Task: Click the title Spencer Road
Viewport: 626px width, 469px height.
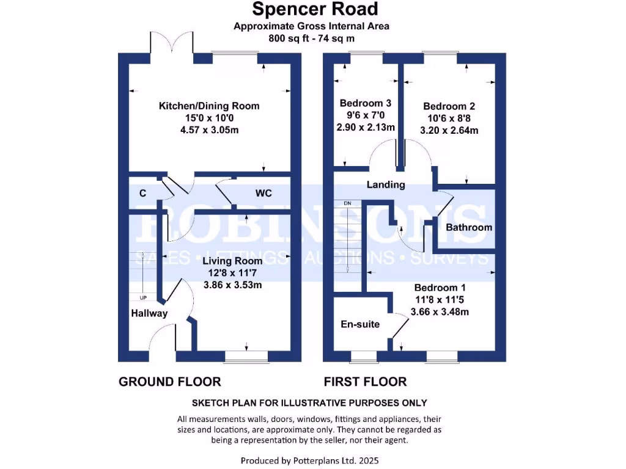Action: [x=315, y=9]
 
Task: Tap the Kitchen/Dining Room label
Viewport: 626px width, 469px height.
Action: [x=209, y=106]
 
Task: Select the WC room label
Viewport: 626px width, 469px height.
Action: [x=263, y=194]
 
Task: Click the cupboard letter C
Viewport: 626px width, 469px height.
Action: [x=142, y=194]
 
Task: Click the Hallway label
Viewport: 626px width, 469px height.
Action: [x=149, y=313]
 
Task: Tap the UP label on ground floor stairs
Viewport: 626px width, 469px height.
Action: [x=144, y=298]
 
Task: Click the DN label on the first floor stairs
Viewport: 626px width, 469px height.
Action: [x=347, y=203]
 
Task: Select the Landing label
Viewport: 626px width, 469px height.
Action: [x=386, y=184]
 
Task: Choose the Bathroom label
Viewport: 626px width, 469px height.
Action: [x=469, y=227]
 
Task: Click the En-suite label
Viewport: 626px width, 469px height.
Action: [x=360, y=324]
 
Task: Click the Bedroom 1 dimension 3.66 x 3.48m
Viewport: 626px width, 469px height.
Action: [x=441, y=312]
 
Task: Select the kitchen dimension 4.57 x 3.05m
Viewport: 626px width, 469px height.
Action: [x=209, y=130]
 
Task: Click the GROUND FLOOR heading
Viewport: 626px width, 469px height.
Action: [x=169, y=382]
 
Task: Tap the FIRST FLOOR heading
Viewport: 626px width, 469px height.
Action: [x=365, y=382]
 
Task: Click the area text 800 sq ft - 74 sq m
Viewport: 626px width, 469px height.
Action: [x=312, y=38]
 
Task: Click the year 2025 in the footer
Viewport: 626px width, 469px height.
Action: [x=374, y=460]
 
